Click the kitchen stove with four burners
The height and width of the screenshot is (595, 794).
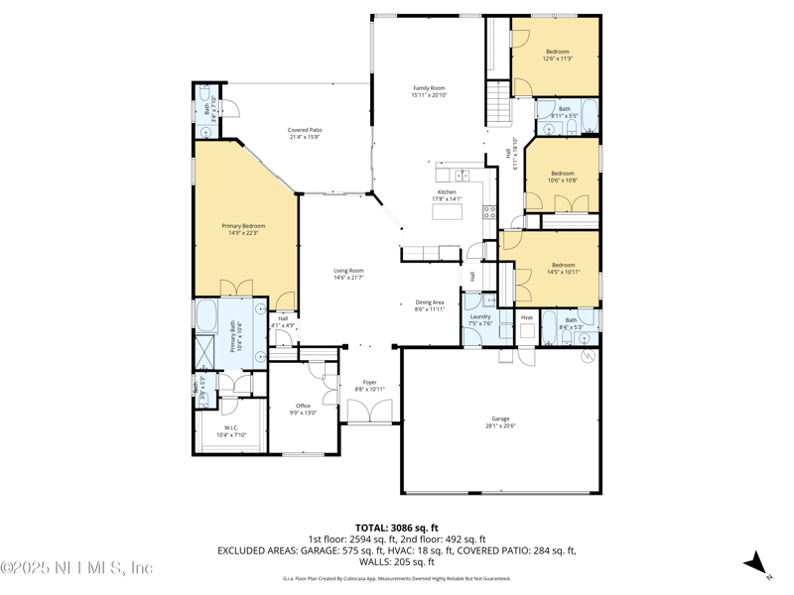coord(488,211)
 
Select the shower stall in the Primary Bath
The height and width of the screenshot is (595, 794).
coord(204,352)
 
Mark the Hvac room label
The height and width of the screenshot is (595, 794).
coord(527,317)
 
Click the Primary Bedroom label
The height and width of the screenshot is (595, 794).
coord(243,229)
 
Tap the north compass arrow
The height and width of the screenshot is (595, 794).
coord(757,562)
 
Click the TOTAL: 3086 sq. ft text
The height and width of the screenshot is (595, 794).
coord(396,528)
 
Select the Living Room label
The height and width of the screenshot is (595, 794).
coord(347,274)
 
